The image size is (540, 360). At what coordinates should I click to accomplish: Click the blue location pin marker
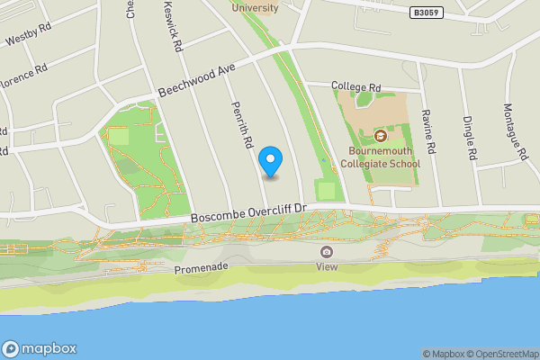271,160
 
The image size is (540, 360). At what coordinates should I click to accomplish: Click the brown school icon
381,136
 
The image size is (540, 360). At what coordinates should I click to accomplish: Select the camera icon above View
326,251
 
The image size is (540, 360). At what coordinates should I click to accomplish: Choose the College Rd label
356,87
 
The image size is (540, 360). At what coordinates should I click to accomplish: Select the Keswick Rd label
174,30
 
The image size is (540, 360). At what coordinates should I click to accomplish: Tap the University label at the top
256,8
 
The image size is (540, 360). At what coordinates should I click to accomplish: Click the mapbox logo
40,348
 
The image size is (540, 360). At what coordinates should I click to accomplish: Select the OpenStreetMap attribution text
500,354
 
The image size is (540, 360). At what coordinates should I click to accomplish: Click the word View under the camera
326,266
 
